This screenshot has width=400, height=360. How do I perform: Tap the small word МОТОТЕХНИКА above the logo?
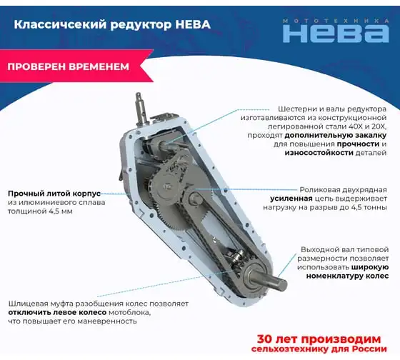pos(336,21)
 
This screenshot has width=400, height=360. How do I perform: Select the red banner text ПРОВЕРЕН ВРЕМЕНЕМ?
pos(69,66)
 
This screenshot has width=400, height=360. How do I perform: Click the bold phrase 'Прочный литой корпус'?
pos(54,194)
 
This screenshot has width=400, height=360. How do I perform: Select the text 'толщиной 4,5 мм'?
pos(40,211)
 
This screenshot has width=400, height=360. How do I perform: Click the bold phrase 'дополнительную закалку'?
pos(336,136)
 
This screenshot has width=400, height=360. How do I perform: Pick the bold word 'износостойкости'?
pos(319,153)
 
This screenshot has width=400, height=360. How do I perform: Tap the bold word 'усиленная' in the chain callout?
pos(291,199)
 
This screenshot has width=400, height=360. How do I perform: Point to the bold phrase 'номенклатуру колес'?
pos(347,276)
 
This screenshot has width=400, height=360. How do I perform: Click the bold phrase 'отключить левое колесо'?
pos(57,313)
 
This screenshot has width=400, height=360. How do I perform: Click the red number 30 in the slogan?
pos(264,339)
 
